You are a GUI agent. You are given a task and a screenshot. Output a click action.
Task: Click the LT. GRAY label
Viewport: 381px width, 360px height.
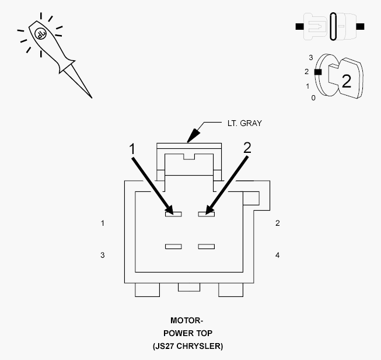coord(244,123)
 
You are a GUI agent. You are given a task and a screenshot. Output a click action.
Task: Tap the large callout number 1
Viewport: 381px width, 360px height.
coord(132,149)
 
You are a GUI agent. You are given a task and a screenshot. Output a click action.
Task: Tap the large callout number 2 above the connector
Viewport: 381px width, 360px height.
coord(247,148)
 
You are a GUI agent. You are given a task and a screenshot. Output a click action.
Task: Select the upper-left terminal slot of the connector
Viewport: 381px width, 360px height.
coord(173,214)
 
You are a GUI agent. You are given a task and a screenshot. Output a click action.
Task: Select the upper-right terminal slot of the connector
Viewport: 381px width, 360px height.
coord(207,214)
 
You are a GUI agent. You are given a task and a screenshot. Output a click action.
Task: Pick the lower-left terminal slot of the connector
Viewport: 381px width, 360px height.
coord(173,247)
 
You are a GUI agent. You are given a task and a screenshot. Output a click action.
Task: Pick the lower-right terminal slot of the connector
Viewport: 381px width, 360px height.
coord(207,247)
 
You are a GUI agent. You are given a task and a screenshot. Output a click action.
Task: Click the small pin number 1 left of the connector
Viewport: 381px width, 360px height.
coord(103,223)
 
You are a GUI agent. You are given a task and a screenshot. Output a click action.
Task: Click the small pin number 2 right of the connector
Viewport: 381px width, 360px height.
coord(278,223)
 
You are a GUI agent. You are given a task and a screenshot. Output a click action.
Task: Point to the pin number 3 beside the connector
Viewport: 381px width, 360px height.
coord(103,255)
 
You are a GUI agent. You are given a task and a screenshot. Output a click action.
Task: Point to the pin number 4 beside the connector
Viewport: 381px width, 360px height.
coord(278,255)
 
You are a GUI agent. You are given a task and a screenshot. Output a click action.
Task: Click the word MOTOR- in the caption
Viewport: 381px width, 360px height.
coord(187,320)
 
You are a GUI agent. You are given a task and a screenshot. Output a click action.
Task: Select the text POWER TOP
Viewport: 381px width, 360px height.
coord(188,333)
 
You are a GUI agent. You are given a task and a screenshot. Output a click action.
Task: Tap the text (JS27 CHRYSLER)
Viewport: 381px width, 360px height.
coord(188,346)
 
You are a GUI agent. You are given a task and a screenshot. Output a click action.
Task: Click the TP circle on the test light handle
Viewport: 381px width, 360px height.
coord(41,33)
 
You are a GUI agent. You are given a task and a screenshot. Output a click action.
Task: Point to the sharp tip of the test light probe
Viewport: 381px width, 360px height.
coord(92,98)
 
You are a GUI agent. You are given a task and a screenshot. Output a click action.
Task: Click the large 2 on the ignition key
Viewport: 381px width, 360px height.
coord(347,81)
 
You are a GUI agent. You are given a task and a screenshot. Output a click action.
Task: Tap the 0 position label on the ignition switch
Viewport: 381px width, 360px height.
coord(313,98)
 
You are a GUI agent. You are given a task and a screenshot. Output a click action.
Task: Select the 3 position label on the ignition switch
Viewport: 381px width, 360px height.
coord(311,58)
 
